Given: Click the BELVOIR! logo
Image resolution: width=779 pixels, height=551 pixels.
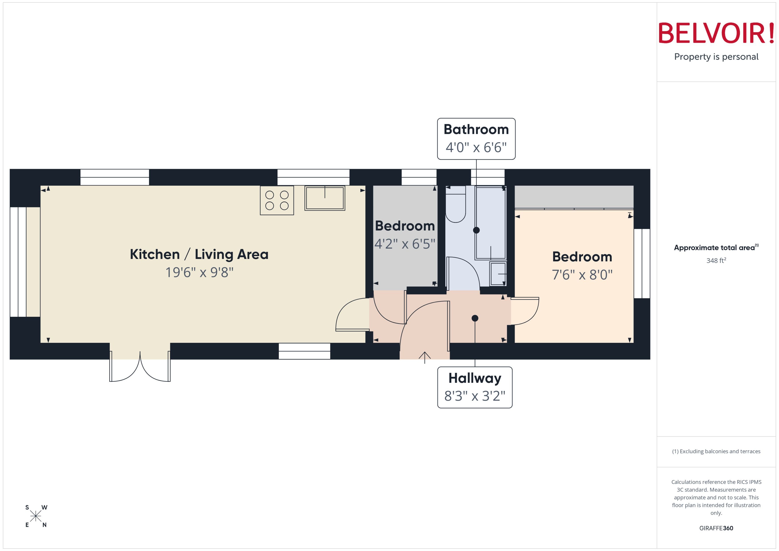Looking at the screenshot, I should [716, 33].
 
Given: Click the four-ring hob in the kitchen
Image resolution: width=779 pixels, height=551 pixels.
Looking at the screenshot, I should [277, 200].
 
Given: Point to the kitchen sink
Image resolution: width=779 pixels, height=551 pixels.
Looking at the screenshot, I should [325, 198].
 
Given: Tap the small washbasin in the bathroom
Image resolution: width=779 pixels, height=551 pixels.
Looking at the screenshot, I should [498, 273].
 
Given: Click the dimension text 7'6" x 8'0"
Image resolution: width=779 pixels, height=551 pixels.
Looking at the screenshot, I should [582, 275].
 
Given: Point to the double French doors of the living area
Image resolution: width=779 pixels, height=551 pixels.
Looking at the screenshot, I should [140, 368].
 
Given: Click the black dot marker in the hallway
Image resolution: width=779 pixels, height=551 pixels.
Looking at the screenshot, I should [475, 318].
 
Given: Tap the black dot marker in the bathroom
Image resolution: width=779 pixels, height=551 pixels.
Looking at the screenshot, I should [476, 230].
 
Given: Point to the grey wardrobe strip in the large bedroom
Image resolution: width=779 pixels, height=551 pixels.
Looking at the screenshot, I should [574, 197].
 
